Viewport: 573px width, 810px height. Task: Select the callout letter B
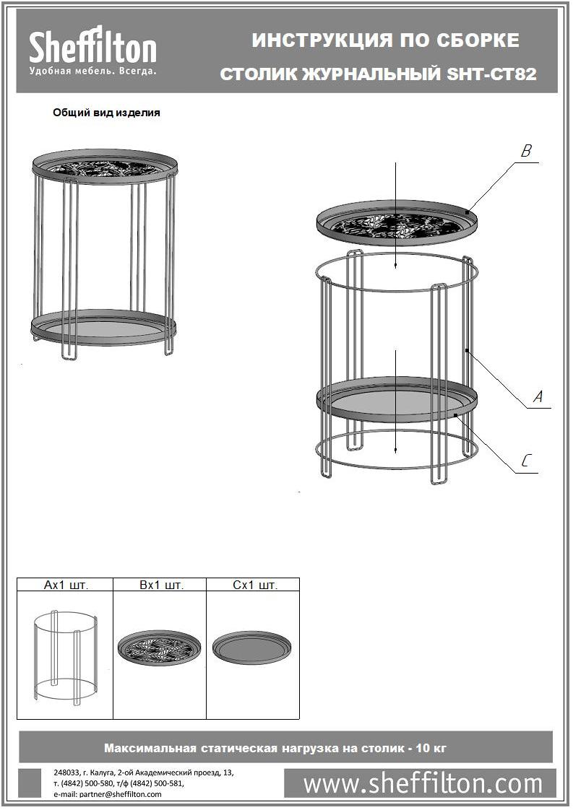coord(526,151)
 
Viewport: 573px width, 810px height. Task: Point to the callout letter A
coord(538,397)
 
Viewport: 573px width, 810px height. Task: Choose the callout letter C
coord(526,461)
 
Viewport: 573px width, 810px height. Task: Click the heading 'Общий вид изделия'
coord(106,113)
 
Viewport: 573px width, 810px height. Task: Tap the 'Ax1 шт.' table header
coord(66,585)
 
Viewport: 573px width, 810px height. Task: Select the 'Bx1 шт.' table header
coord(161,585)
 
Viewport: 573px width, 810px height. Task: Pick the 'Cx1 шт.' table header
coord(255,585)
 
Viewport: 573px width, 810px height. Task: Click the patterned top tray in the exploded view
coord(397,222)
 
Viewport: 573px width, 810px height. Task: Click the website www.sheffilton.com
coord(423,783)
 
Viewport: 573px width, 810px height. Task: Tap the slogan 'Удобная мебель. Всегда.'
coord(92,71)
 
